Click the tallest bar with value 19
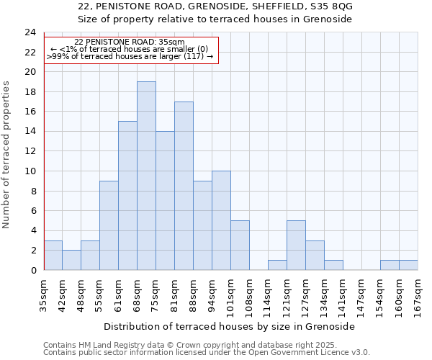(146, 176)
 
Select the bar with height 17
(184, 186)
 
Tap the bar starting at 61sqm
(127, 196)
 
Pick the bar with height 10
(221, 220)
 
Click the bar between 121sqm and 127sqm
(296, 245)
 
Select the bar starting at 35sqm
(53, 255)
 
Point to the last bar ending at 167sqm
(408, 265)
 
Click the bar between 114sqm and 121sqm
(277, 265)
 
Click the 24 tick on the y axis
(30, 32)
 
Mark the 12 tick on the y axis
(30, 151)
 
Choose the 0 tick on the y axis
(32, 270)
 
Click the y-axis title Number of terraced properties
(7, 154)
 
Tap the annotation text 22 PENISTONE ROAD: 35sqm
(130, 42)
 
